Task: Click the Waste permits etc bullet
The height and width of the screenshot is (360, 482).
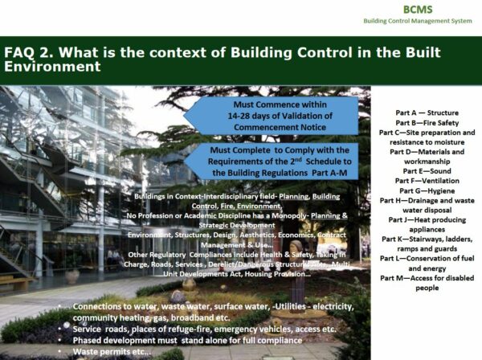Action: [x=112, y=351]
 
